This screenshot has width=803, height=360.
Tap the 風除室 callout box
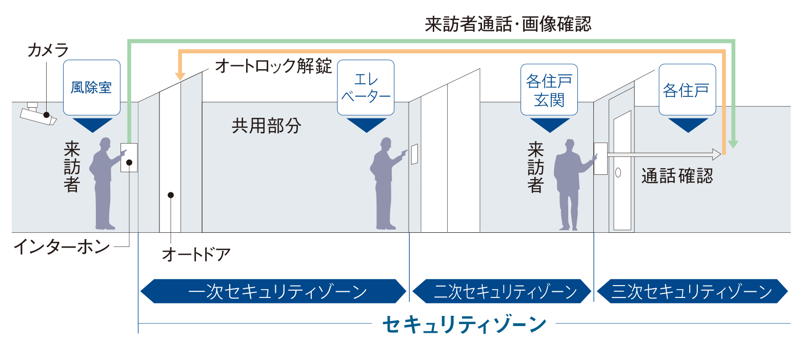[91, 87]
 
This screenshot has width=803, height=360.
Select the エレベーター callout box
[366, 87]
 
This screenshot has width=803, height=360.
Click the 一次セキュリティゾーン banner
[273, 291]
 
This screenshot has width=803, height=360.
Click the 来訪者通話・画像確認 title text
[508, 24]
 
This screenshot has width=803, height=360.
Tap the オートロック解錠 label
[274, 66]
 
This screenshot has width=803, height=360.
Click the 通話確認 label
[677, 176]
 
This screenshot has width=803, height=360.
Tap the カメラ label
[48, 50]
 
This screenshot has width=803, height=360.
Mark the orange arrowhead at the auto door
[180, 75]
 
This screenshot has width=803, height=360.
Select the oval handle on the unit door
[618, 173]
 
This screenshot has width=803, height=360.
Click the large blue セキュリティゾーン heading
[465, 324]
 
